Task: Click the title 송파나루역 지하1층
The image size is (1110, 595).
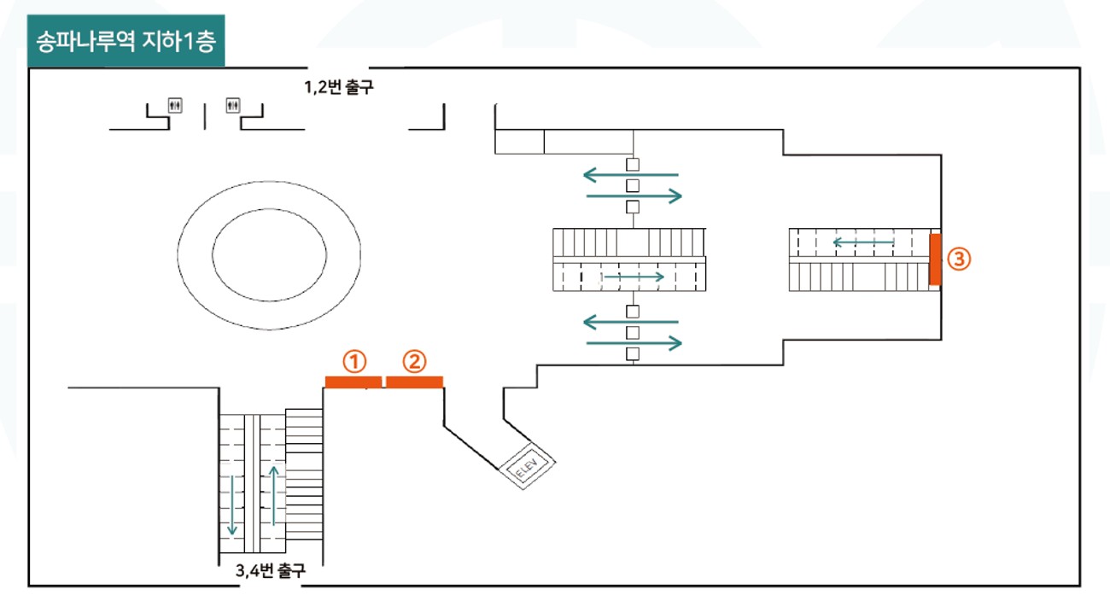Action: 126,41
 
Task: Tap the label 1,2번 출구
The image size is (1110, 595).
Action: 338,87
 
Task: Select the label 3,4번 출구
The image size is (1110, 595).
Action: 271,571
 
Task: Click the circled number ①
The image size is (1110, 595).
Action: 354,362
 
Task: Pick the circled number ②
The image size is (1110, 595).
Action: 414,362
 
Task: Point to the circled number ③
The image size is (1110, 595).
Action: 959,260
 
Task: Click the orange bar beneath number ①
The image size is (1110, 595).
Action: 353,382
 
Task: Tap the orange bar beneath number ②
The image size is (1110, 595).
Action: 415,382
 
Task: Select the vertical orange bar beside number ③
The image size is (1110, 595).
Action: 935,260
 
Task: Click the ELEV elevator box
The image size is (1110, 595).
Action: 527,466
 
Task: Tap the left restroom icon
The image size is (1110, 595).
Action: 175,106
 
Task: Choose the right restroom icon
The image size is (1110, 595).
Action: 233,106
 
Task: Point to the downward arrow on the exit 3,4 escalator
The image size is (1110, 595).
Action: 232,505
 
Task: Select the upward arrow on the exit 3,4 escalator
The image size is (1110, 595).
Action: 274,496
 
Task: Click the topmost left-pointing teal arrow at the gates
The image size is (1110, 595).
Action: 631,175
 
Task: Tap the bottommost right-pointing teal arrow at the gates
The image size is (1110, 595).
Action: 634,343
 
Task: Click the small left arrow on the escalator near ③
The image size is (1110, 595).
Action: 864,242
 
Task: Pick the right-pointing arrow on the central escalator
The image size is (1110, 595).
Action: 634,277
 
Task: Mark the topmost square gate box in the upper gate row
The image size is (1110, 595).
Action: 633,165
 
